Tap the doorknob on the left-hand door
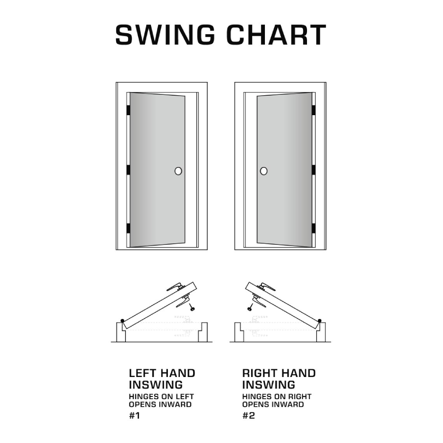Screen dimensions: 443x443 coord(178,171)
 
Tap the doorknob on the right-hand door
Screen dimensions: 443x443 coord(264,171)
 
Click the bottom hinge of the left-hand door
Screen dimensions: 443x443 coord(128,228)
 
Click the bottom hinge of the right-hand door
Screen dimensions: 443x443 coord(313,228)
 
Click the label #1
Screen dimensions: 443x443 coord(135,416)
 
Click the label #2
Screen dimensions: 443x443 coord(249,416)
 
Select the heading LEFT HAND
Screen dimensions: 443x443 coord(162,373)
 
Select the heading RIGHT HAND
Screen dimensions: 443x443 coord(279,373)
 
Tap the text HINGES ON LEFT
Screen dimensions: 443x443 coord(161,396)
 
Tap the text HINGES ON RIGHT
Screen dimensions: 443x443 coord(276,396)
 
